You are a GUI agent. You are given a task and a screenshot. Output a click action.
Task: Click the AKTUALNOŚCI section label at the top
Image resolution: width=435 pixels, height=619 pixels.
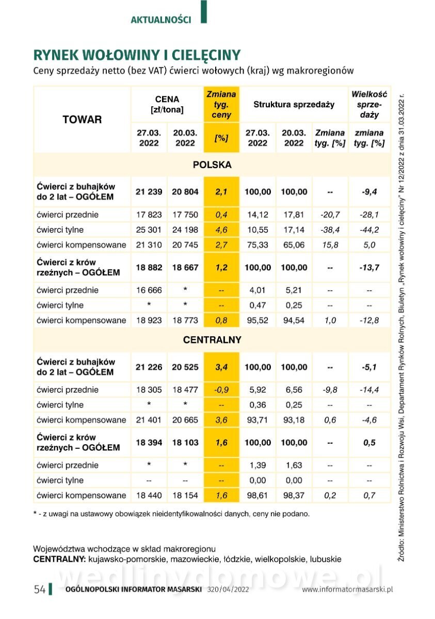160,20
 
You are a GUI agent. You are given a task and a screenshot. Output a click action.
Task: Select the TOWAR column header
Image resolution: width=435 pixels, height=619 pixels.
82,120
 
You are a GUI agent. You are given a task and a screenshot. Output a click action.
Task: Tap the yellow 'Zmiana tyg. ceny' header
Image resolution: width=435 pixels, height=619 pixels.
221,105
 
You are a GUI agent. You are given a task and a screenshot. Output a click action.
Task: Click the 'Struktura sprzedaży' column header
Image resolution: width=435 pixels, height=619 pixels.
294,105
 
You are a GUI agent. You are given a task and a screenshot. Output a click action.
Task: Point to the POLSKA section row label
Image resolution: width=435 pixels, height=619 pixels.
212,165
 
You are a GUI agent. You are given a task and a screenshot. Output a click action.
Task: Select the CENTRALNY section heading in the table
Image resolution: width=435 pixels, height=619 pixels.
212,340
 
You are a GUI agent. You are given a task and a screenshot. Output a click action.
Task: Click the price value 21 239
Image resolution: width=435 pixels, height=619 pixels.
149,192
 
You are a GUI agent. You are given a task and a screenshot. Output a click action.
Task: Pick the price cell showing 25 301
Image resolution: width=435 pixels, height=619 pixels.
149,230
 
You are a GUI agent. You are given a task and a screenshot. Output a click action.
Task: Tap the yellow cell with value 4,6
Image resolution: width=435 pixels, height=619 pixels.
221,230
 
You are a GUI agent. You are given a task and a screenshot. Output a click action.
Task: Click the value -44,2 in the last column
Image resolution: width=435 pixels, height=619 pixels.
369,230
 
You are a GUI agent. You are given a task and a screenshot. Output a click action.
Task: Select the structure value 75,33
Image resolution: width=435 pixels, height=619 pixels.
258,245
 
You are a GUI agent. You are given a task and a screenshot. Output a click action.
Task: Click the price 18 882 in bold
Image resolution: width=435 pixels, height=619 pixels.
149,268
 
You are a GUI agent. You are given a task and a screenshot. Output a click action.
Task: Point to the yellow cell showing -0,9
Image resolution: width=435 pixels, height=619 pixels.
221,390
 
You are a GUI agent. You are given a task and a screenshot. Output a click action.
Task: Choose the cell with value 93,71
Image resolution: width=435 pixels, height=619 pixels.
258,420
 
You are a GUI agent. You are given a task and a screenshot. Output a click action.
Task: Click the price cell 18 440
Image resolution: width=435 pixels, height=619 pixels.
149,496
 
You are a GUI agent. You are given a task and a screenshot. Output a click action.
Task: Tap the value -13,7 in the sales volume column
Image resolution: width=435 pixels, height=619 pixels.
369,268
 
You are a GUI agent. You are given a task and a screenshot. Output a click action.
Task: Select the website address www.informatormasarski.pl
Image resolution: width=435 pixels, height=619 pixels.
348,590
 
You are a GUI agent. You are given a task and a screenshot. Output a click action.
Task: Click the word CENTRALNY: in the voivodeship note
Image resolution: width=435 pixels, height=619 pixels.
59,559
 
